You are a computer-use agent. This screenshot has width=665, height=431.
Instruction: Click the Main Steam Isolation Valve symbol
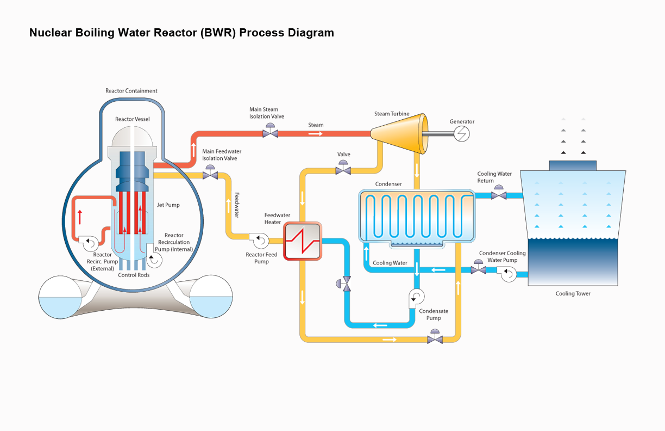[270, 132]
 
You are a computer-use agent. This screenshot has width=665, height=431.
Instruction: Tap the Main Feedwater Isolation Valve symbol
[209, 175]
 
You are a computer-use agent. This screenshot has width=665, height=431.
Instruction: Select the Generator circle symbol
[462, 133]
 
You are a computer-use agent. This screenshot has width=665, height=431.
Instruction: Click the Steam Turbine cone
[398, 133]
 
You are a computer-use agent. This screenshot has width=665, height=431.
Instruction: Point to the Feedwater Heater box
[302, 241]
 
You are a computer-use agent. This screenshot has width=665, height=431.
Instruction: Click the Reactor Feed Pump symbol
[257, 238]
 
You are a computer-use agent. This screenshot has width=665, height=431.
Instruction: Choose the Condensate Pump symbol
[417, 297]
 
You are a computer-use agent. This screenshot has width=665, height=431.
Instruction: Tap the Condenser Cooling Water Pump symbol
[509, 274]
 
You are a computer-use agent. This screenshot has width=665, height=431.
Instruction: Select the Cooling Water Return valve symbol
[499, 194]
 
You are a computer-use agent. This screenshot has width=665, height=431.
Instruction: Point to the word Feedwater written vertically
[237, 205]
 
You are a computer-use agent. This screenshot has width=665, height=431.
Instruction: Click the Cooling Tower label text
[573, 294]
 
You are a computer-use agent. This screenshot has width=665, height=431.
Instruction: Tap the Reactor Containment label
[131, 91]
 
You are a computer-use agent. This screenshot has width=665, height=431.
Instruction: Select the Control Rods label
[134, 275]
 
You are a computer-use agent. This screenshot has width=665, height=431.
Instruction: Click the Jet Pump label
[169, 205]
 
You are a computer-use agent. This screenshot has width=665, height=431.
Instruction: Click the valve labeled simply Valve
[343, 170]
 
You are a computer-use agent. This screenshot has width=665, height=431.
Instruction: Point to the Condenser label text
[388, 184]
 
